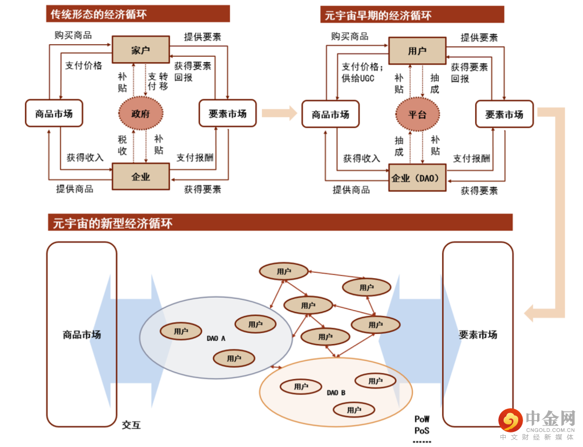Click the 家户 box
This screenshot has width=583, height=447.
point(140,51)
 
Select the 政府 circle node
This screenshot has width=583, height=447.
point(140,114)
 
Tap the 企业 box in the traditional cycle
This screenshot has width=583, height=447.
point(140,176)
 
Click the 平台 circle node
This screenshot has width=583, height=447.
point(417,114)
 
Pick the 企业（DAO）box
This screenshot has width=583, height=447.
point(417,178)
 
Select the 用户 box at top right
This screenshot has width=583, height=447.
point(417,51)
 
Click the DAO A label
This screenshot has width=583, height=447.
point(216,338)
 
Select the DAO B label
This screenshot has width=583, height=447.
point(336,392)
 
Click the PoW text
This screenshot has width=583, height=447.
point(422,419)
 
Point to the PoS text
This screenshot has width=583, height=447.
point(422,430)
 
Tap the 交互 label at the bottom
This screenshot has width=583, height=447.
point(131,425)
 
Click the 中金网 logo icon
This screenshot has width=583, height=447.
point(510,421)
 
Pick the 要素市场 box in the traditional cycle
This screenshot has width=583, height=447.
point(227,114)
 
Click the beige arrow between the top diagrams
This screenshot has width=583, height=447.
point(279,113)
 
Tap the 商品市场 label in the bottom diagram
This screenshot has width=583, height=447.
point(82,334)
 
